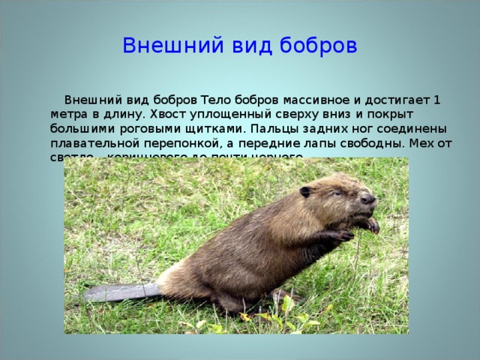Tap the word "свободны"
click(363, 142)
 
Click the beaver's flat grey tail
click(120, 292)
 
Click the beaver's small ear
click(305, 192)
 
